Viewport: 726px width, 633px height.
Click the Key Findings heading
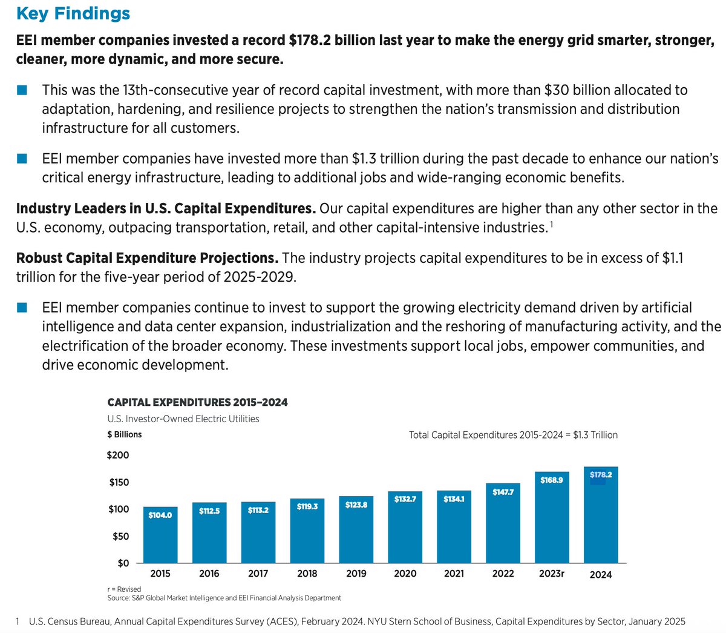(x=73, y=13)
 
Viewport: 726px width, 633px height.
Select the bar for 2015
(x=160, y=535)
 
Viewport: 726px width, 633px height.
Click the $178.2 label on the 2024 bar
(x=601, y=475)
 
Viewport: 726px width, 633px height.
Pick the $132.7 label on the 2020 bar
(x=405, y=499)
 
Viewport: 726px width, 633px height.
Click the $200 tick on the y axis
(x=119, y=456)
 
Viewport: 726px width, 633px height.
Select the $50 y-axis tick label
(x=121, y=536)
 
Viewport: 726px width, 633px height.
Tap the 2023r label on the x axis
(x=552, y=574)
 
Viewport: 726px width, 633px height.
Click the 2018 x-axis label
(x=307, y=574)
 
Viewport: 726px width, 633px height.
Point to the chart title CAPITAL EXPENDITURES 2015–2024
(x=197, y=402)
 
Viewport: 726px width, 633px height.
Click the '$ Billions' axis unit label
(x=125, y=434)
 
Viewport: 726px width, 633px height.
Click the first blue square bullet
(x=22, y=90)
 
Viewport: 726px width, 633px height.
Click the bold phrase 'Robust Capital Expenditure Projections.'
(x=147, y=258)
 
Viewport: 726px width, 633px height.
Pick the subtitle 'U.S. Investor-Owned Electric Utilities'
(x=183, y=419)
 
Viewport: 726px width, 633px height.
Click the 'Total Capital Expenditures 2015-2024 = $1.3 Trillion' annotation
(x=513, y=435)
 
